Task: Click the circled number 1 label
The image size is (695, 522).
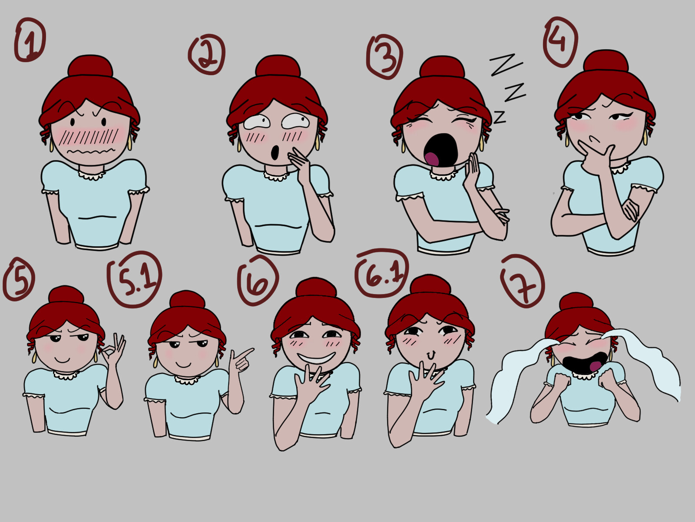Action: tap(30, 40)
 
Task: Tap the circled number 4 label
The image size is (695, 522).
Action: tap(560, 42)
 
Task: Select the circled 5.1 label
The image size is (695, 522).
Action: tap(135, 279)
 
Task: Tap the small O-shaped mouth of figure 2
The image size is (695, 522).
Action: tap(275, 152)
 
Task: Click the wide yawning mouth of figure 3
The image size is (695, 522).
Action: tap(441, 149)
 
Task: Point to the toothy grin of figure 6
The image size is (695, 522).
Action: tap(316, 358)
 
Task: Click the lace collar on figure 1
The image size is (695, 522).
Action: tap(92, 175)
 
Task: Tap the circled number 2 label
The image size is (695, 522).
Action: tap(207, 54)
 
